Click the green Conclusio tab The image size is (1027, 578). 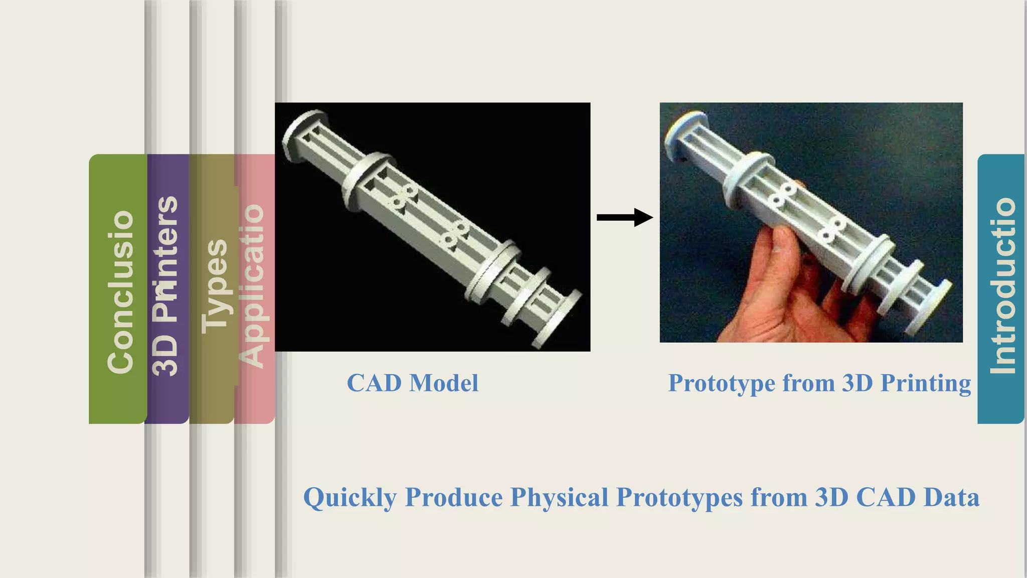pos(119,291)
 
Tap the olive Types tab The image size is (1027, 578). pos(214,286)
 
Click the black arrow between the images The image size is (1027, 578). pos(624,217)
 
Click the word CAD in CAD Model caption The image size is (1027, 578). pos(374,383)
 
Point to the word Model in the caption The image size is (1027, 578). pos(444,383)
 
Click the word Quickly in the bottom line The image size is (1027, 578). pos(350,498)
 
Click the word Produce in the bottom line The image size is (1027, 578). pos(454,498)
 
